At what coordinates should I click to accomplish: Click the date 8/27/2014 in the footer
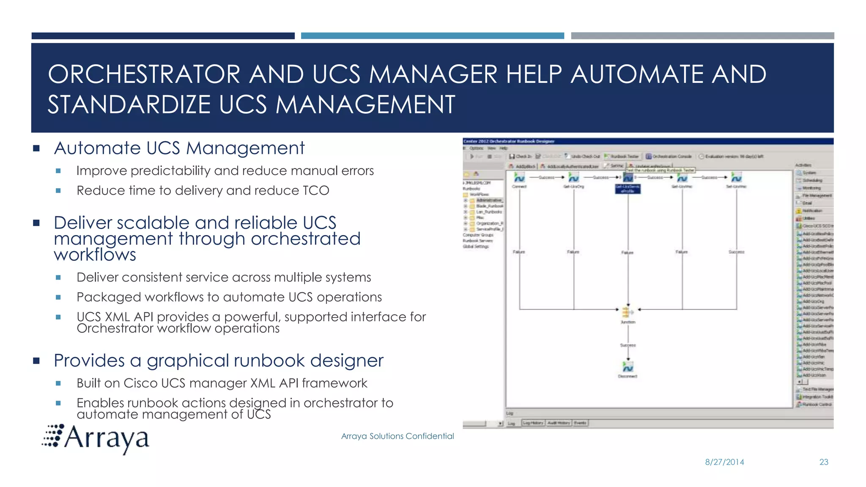click(x=724, y=462)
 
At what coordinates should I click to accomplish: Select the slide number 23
click(x=824, y=462)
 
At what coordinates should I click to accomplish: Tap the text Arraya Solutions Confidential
click(x=397, y=436)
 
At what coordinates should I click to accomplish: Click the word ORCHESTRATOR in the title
click(x=144, y=74)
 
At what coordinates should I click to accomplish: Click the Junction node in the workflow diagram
click(x=628, y=312)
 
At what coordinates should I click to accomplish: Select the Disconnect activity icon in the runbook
click(x=628, y=366)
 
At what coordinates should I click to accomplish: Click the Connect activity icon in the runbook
click(x=519, y=178)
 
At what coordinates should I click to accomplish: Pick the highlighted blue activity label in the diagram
click(x=628, y=189)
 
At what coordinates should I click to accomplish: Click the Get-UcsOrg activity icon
click(x=573, y=178)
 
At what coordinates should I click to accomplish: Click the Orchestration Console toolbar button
click(x=669, y=156)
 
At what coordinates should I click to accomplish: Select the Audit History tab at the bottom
click(x=559, y=423)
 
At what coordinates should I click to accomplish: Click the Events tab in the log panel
click(x=580, y=423)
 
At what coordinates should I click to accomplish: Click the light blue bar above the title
click(x=432, y=36)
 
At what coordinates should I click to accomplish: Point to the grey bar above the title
click(x=702, y=36)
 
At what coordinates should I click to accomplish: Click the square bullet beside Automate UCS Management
click(x=36, y=148)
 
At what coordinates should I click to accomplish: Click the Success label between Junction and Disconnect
click(x=628, y=345)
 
